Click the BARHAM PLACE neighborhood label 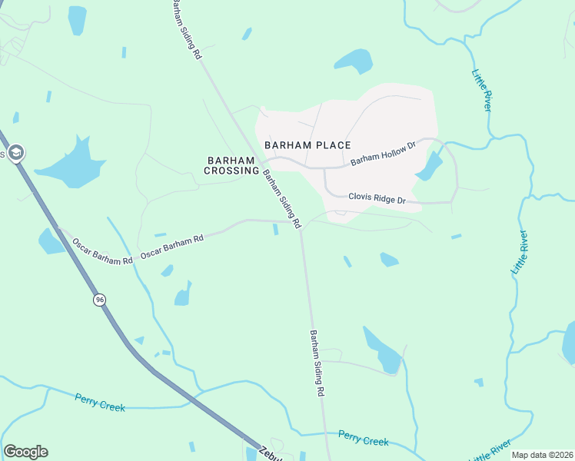[x=307, y=144]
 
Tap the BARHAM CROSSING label [x=232, y=165]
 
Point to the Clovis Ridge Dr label [x=377, y=198]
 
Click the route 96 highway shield [x=99, y=300]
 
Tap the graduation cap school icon [x=15, y=153]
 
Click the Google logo [x=25, y=452]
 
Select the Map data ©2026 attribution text [x=542, y=455]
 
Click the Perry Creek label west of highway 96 [x=100, y=402]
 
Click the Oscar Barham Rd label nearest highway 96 [x=101, y=252]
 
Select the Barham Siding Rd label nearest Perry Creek [x=316, y=363]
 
